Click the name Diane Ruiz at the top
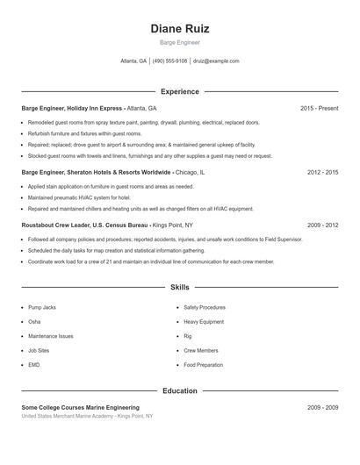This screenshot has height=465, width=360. [179, 28]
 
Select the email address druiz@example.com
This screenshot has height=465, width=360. [215, 61]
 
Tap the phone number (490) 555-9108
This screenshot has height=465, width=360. [170, 61]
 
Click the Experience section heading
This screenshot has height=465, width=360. [179, 91]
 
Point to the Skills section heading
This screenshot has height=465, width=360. [179, 287]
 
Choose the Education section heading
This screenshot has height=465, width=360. [179, 390]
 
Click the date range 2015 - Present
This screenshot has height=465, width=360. [319, 109]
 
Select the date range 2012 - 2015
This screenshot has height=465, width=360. [322, 173]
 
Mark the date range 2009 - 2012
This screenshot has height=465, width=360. [322, 225]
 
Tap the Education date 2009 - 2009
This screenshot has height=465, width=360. [322, 408]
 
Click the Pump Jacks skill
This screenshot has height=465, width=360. [41, 308]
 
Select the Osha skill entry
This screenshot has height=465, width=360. [34, 322]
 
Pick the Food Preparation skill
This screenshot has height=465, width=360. [204, 364]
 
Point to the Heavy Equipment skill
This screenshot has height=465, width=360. [204, 322]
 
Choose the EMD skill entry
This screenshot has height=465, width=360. [34, 364]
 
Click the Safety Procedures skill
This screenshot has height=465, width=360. [205, 308]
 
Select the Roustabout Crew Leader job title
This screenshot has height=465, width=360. [55, 225]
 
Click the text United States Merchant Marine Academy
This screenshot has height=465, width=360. [68, 416]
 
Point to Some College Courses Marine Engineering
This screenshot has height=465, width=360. [80, 408]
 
